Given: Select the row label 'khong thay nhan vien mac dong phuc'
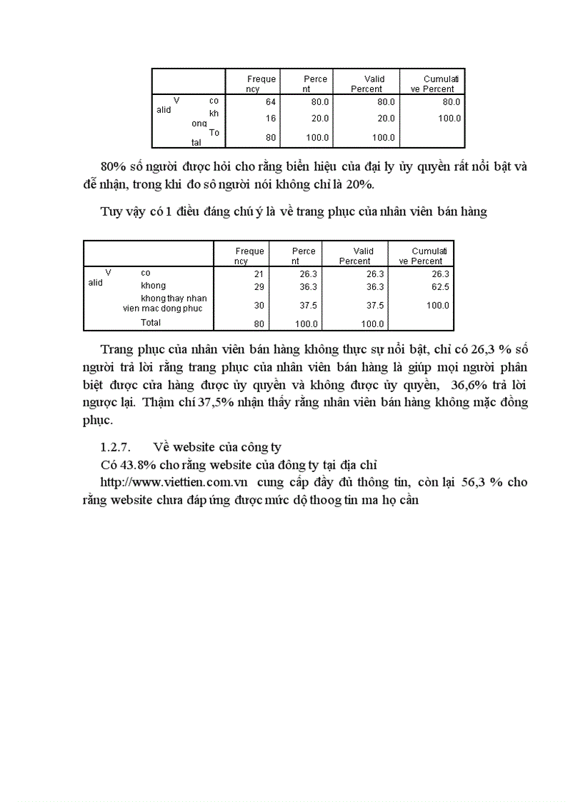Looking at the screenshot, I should click(x=164, y=303).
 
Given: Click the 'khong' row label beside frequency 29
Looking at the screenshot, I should click(x=153, y=286).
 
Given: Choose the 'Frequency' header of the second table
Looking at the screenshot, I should click(x=249, y=256).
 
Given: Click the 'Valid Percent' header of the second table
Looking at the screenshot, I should click(x=355, y=256).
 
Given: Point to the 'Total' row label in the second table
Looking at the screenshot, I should click(x=151, y=323).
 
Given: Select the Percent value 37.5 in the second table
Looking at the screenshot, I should click(x=304, y=306).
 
